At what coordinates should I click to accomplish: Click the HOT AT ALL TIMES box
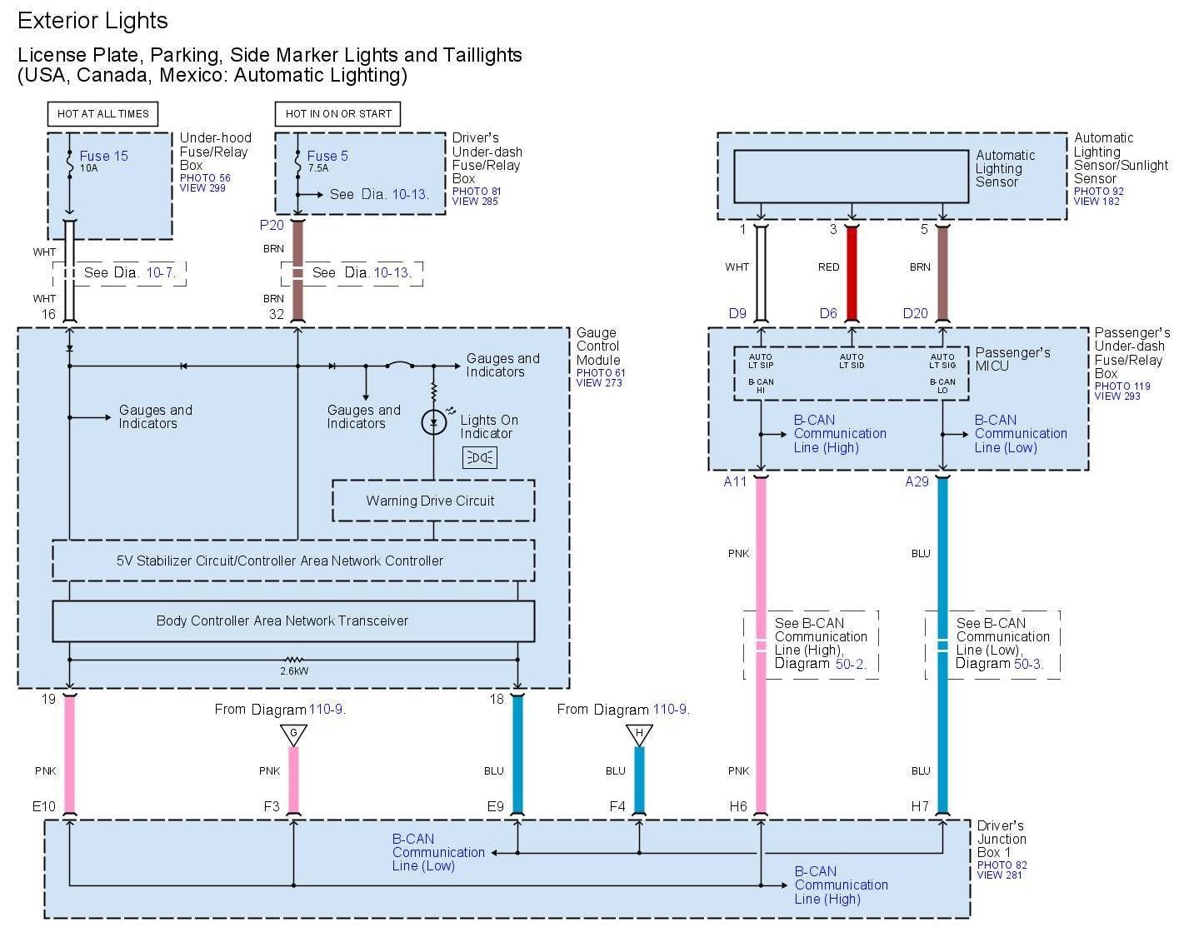[x=102, y=114]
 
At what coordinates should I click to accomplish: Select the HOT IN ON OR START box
[x=338, y=114]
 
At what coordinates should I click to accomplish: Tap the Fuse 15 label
[x=103, y=156]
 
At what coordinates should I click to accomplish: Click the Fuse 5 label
[x=327, y=156]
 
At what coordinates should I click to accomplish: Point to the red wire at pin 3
[x=852, y=273]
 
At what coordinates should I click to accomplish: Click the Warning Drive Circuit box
[x=433, y=501]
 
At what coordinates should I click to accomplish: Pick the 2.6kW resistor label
[x=294, y=670]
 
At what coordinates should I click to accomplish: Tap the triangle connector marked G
[x=293, y=735]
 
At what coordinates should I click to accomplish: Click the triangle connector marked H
[x=639, y=735]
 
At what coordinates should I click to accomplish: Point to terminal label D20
[x=915, y=313]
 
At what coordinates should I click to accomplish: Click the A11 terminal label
[x=735, y=481]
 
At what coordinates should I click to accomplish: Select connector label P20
[x=272, y=225]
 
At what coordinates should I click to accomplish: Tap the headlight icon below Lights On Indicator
[x=480, y=457]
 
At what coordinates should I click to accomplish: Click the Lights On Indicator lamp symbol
[x=433, y=422]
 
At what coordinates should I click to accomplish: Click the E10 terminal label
[x=44, y=806]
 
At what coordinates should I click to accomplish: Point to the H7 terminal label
[x=920, y=806]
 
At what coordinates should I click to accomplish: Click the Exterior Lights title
[x=92, y=21]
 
